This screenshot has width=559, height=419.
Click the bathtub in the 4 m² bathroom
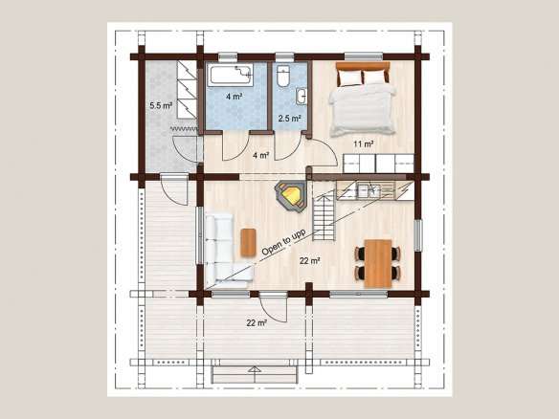(231, 75)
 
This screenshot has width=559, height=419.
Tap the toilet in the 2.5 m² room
(283, 76)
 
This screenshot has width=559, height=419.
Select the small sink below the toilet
(302, 97)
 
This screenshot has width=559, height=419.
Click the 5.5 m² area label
(161, 105)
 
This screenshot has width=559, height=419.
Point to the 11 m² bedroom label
(364, 143)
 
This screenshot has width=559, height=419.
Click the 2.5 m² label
(289, 119)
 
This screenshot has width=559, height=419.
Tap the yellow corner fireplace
(291, 197)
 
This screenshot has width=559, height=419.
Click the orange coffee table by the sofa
(249, 242)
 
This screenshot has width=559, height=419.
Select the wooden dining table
(378, 263)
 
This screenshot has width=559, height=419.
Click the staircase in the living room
(324, 215)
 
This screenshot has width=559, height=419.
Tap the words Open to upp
(283, 242)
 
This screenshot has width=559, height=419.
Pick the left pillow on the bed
(350, 77)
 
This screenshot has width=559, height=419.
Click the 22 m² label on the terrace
(257, 323)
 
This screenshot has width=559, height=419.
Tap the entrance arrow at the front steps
(255, 369)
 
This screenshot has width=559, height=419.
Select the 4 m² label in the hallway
(260, 155)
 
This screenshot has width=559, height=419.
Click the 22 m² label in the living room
(309, 261)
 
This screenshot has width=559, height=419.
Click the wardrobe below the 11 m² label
(378, 164)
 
